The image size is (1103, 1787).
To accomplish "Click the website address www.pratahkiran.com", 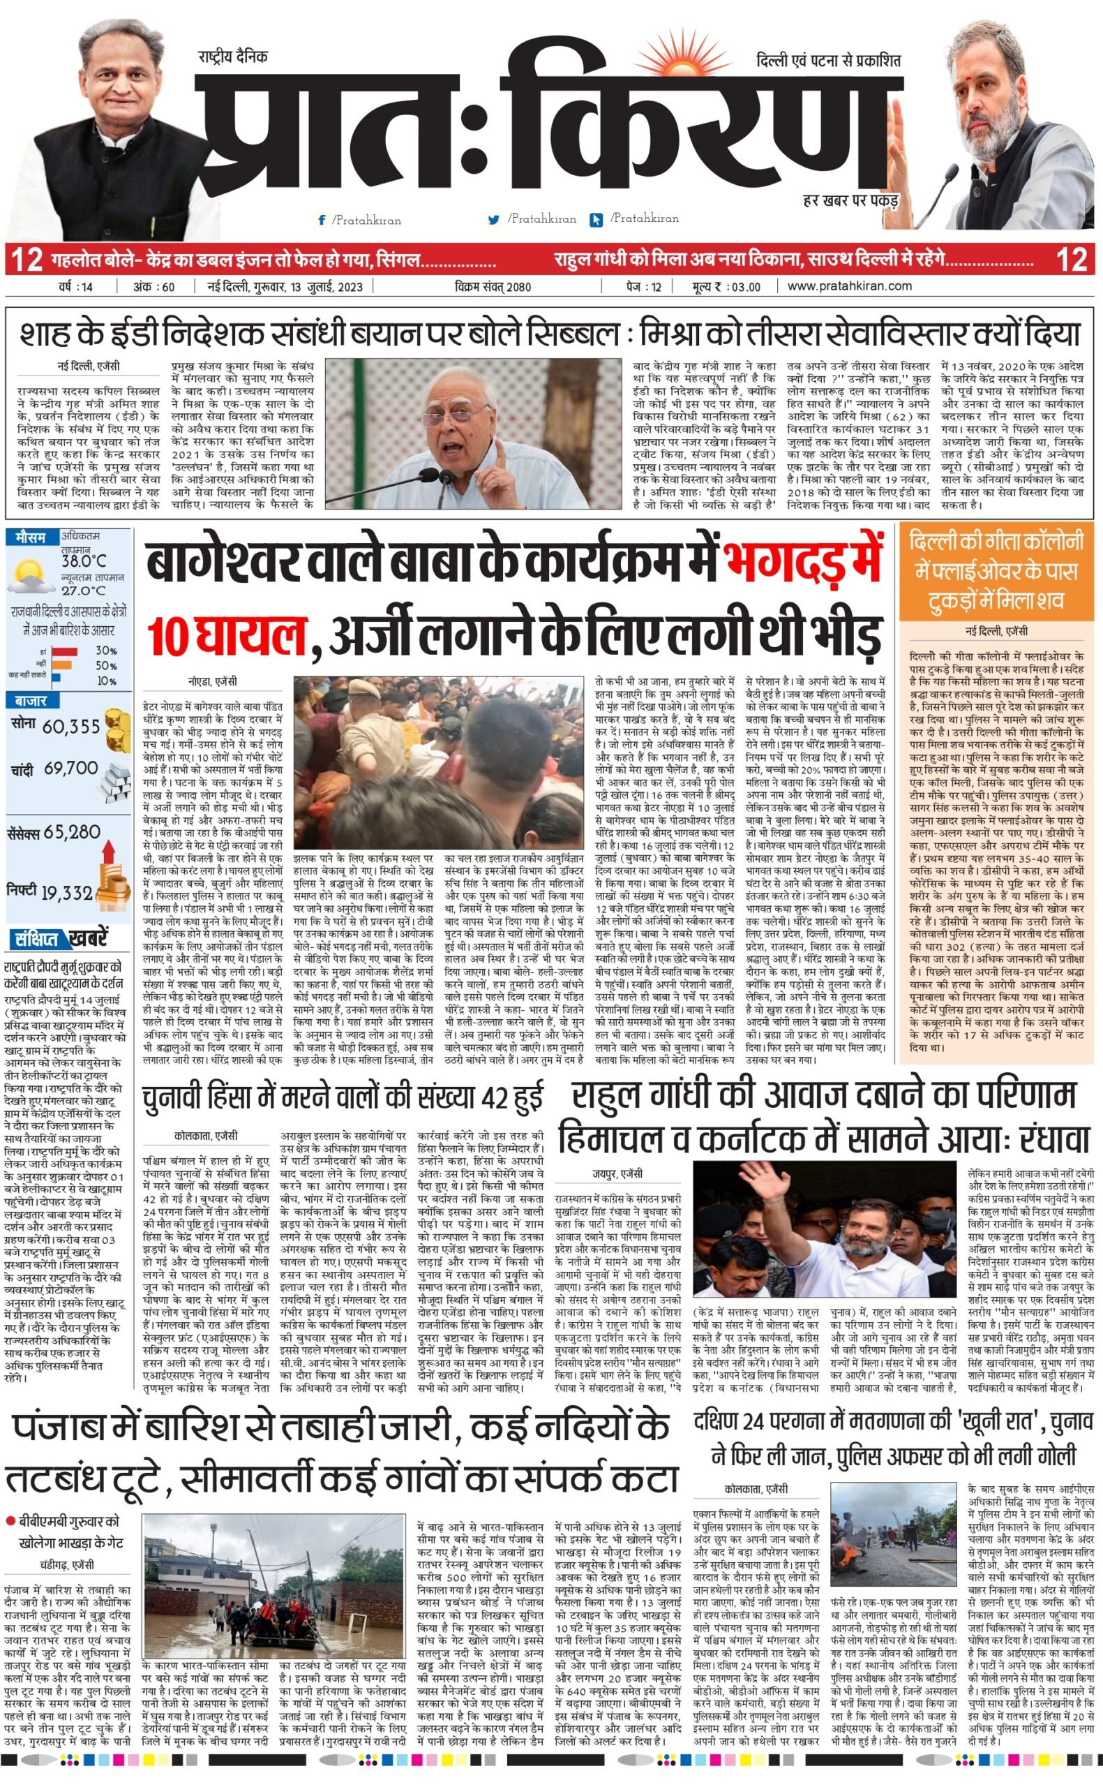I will [x=849, y=286].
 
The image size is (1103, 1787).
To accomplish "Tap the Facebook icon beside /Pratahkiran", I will [x=321, y=220].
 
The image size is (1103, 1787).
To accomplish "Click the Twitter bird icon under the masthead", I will [x=494, y=219].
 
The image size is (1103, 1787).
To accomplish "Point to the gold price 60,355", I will [x=71, y=727].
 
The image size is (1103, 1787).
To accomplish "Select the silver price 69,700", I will [x=70, y=769].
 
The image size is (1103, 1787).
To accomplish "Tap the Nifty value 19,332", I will [x=67, y=893].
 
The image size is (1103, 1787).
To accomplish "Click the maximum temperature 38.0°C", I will [x=84, y=561].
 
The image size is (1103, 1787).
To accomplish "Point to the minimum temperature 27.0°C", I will [x=82, y=591].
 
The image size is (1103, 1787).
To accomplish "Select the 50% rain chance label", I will [x=107, y=665].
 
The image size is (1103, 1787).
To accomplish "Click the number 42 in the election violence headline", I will [x=471, y=1097].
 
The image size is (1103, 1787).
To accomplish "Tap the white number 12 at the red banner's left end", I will [x=27, y=259].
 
